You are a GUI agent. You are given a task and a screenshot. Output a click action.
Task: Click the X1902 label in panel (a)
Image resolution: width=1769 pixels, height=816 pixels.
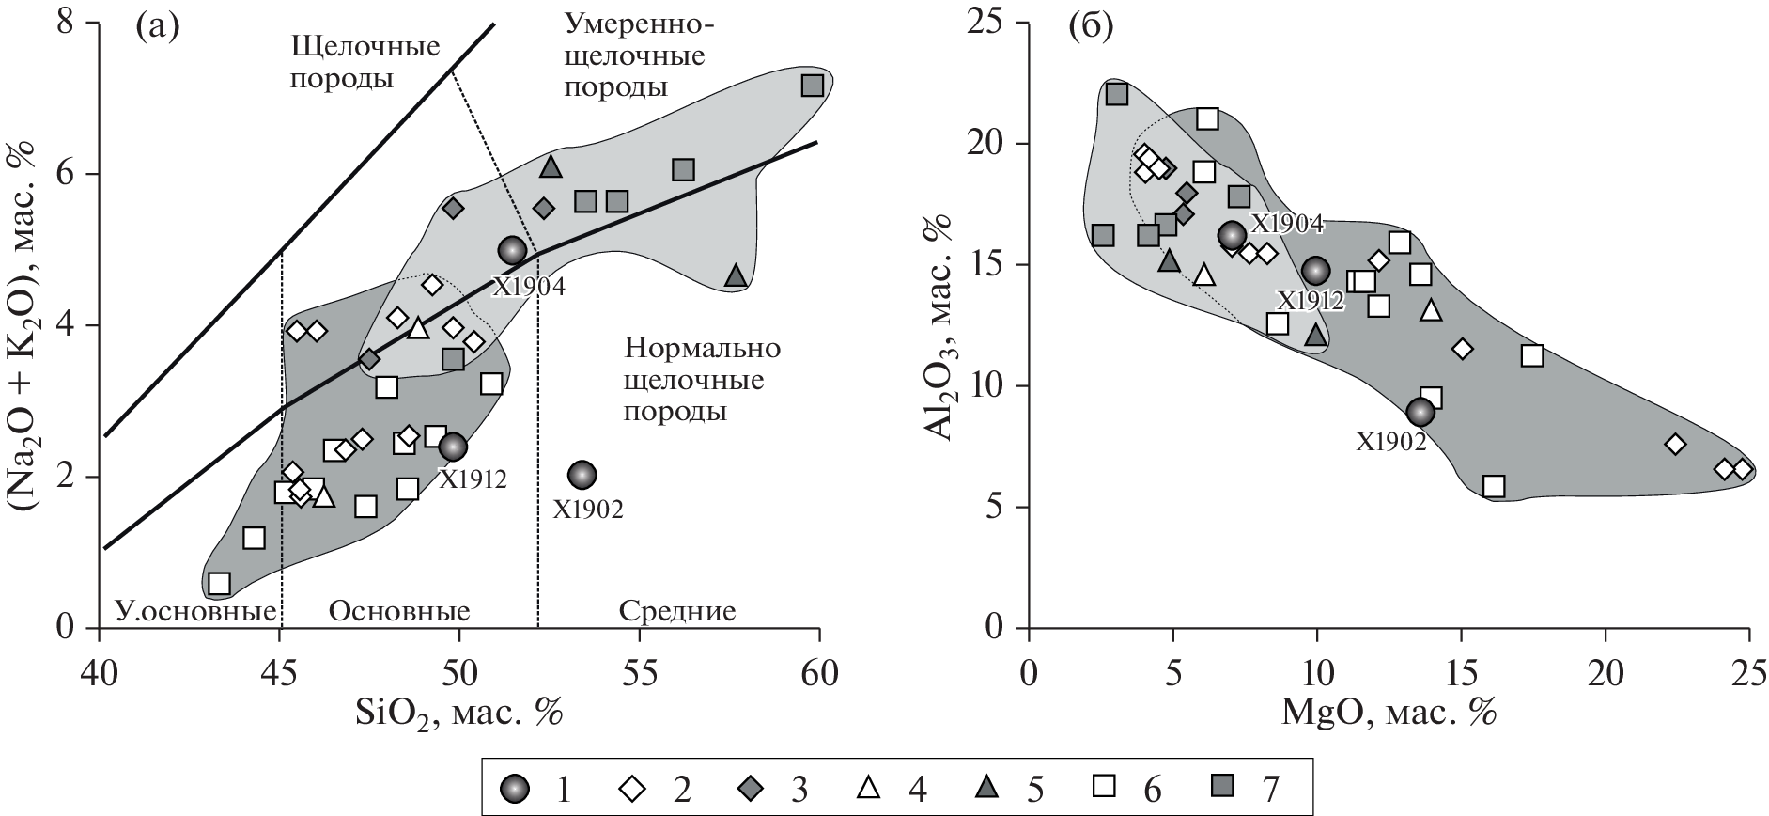coord(587,510)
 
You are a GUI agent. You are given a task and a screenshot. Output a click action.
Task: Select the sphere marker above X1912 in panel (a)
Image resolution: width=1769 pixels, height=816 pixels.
coord(453,447)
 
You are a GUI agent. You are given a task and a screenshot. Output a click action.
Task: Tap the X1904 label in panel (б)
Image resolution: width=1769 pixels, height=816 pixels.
coord(1286,223)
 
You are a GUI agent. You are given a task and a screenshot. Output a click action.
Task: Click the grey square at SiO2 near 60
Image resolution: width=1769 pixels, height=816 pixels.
coord(813,86)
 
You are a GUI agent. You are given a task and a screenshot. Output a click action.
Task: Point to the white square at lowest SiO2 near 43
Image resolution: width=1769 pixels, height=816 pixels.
coord(219,584)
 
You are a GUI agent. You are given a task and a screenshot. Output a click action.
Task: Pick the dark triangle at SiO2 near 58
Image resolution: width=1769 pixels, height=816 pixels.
coord(737,275)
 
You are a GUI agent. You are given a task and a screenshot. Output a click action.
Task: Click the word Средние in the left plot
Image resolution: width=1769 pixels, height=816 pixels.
coord(677,611)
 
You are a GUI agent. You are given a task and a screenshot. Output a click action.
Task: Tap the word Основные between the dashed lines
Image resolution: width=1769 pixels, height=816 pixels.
coord(399,611)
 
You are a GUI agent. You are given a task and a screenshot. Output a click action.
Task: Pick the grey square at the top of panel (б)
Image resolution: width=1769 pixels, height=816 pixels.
coord(1117,94)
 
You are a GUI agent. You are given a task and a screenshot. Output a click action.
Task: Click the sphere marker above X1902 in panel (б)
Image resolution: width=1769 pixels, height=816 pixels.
coord(1420,412)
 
